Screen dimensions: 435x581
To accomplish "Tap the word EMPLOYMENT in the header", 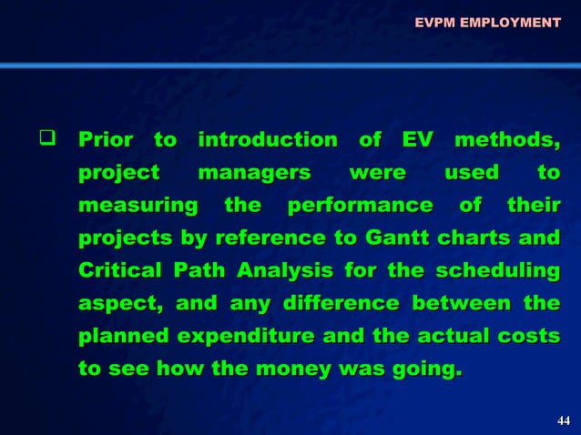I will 510,21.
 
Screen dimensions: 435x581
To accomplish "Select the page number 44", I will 563,420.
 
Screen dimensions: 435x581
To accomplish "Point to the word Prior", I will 106,141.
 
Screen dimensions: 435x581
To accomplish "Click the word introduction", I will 267,141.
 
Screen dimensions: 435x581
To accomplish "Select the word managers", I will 254,173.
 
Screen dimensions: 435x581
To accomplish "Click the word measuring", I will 138,206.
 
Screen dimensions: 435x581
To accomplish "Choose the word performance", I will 360,206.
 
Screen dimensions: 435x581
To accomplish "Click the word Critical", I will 118,271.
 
